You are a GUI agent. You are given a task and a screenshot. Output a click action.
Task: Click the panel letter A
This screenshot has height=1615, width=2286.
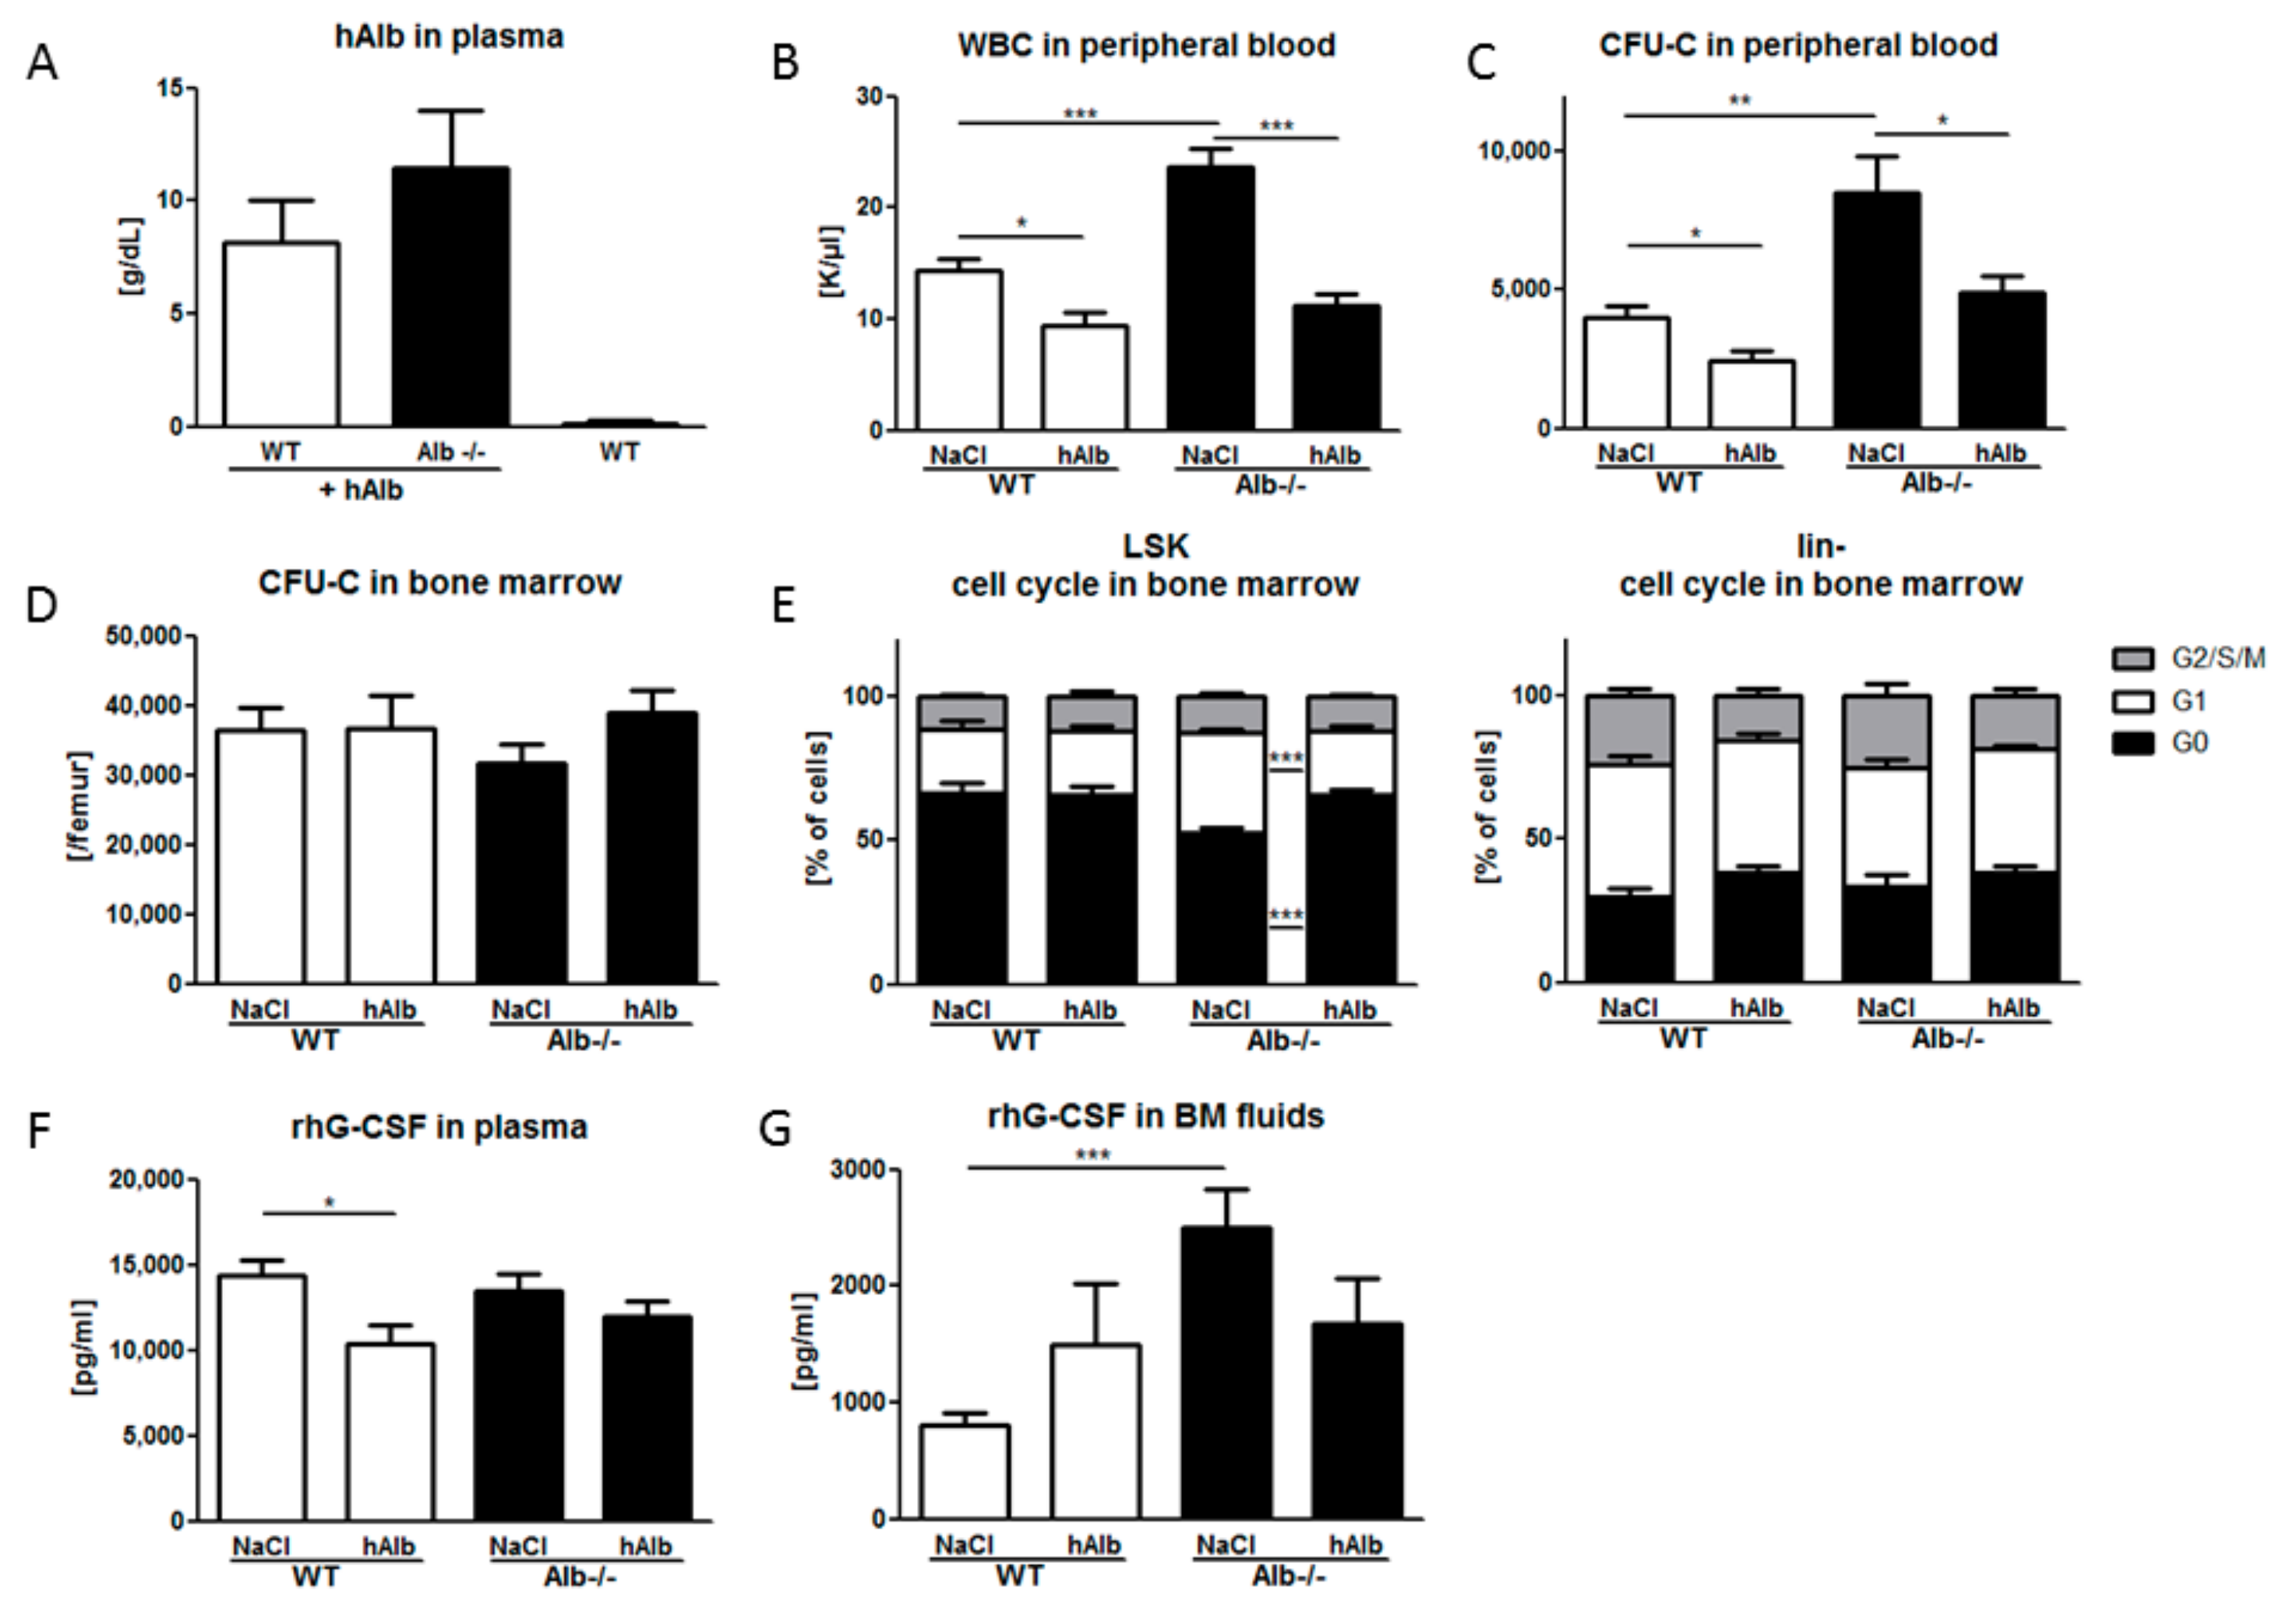click(42, 63)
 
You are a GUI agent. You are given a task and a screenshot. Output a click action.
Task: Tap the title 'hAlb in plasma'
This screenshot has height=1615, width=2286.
click(449, 37)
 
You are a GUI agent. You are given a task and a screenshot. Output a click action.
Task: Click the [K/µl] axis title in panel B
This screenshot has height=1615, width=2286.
click(831, 261)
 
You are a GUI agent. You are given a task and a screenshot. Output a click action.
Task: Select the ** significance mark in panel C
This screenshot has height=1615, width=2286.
click(1739, 101)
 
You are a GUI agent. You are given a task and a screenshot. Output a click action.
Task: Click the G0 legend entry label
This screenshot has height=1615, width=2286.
click(2190, 742)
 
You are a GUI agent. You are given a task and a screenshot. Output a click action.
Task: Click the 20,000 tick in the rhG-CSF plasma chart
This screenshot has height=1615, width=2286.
click(146, 1180)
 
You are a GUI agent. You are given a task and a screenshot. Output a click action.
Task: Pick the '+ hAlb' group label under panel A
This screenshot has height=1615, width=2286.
click(361, 490)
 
